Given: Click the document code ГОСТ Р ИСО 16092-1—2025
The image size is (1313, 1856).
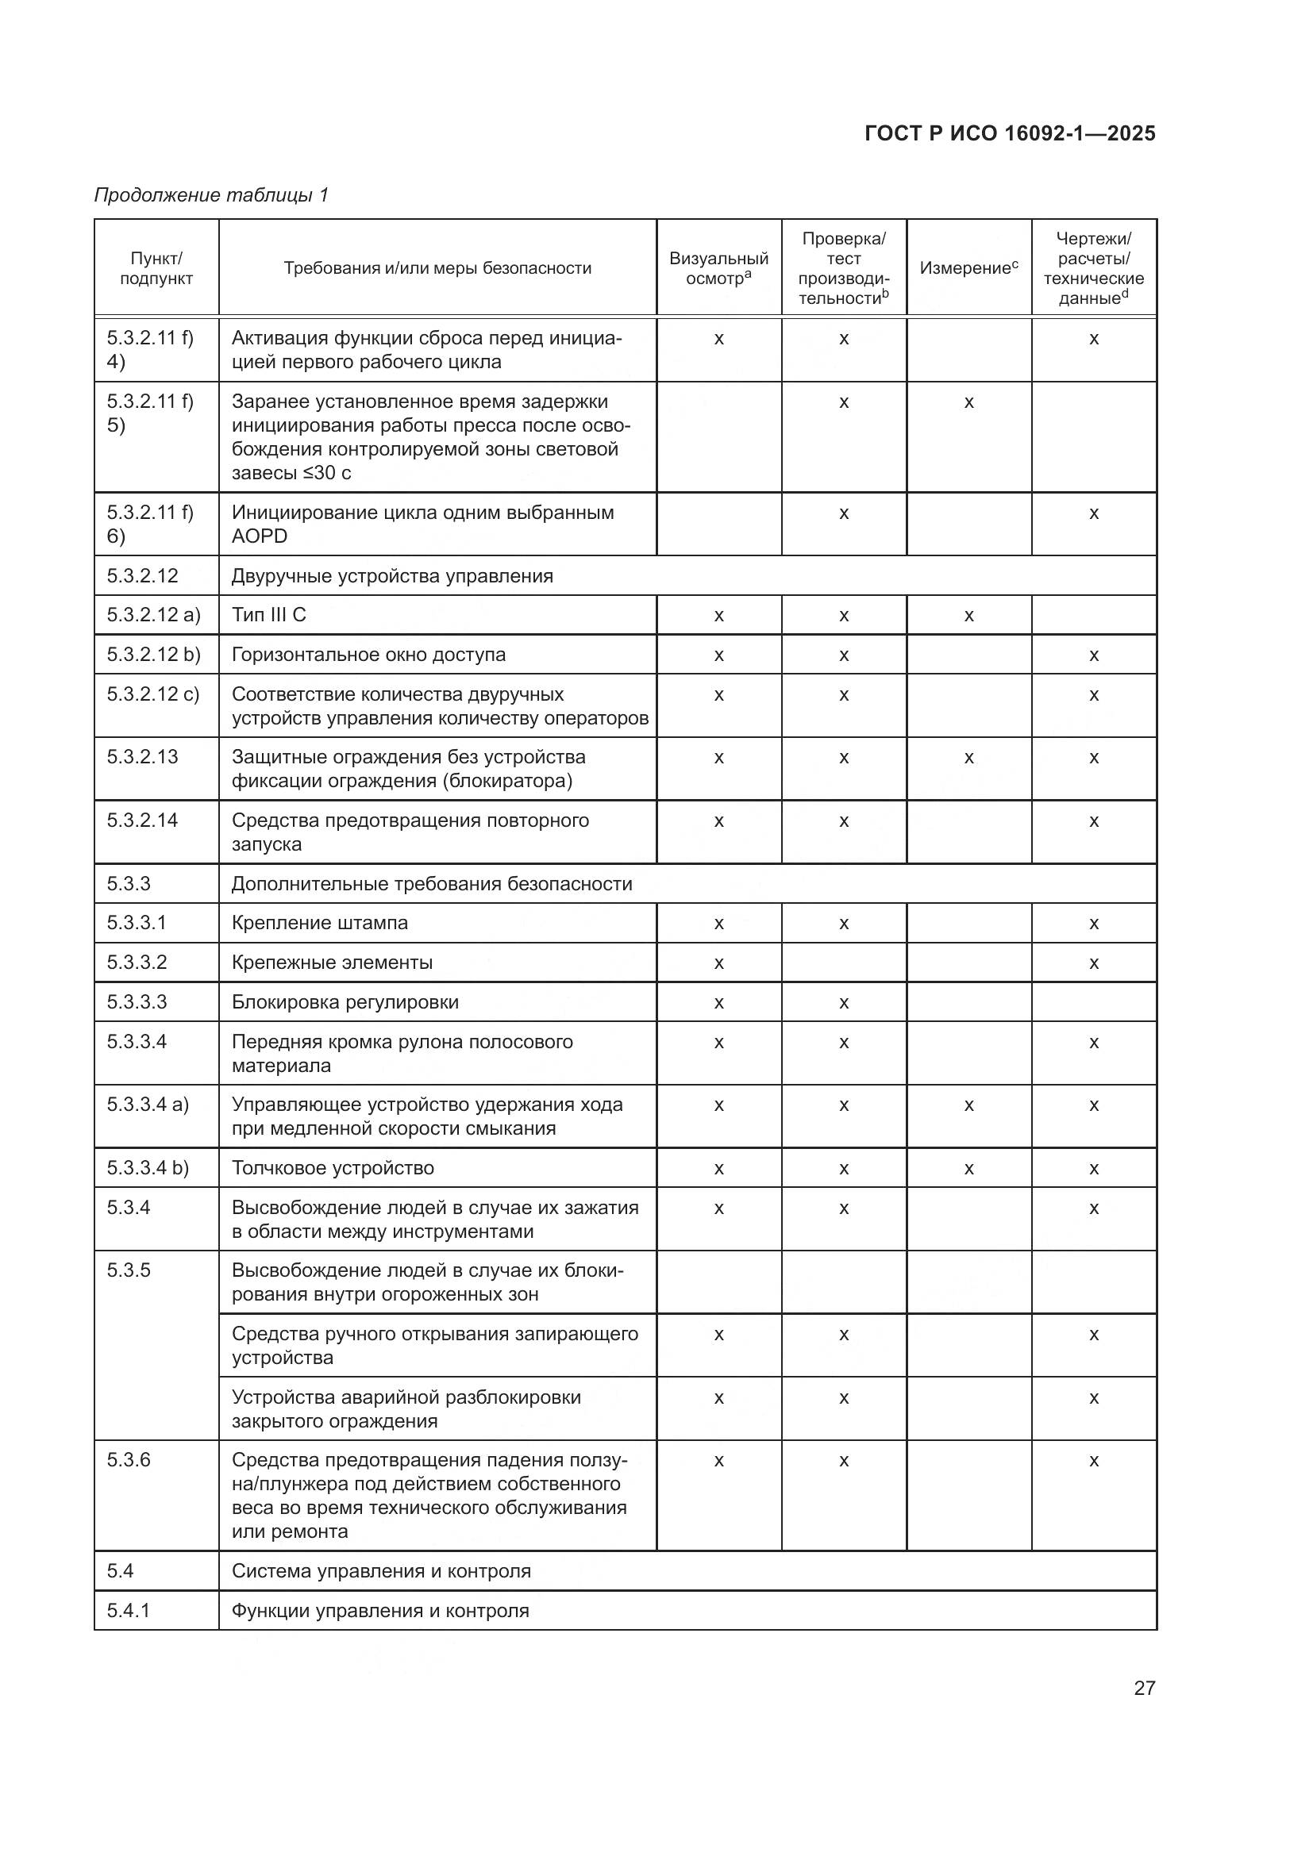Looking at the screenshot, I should click(1010, 133).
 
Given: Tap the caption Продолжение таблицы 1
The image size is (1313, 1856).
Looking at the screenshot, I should click(212, 195).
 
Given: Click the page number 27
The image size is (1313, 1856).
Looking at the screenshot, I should click(1144, 1688).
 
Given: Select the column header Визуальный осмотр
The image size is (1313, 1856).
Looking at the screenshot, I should click(718, 268).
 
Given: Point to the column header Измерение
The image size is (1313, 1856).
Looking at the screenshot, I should click(968, 268).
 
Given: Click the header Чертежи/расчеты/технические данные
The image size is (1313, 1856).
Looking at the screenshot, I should click(1093, 268).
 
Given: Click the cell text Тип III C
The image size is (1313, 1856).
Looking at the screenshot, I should click(269, 615).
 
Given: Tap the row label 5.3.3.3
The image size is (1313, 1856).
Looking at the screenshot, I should click(137, 1002).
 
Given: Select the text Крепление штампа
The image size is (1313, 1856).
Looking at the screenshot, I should click(319, 923).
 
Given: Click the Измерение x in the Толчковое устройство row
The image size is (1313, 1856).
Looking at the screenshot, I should click(968, 1169).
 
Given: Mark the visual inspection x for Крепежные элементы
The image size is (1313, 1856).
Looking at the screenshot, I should click(718, 963).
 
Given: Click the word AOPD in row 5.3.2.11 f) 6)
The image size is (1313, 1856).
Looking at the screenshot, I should click(260, 536).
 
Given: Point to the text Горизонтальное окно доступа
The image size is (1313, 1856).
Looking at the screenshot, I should click(368, 655).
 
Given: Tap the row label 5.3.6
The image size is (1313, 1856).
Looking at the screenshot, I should click(129, 1460).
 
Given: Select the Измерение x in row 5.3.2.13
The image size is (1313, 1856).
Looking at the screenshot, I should click(968, 759).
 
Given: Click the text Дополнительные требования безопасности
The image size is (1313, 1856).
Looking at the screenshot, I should click(432, 883).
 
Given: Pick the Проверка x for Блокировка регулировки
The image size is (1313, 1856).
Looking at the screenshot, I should click(843, 1003).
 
